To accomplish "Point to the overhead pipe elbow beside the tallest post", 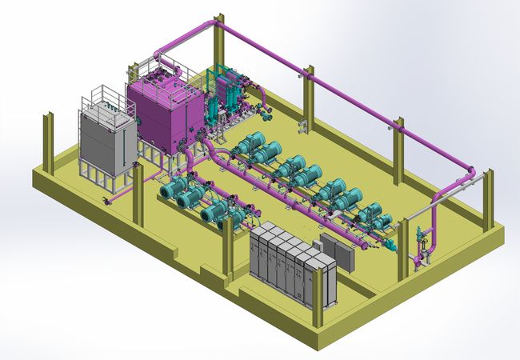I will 212,22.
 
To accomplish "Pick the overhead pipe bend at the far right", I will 472,172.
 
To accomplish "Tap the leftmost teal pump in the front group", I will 173,190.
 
